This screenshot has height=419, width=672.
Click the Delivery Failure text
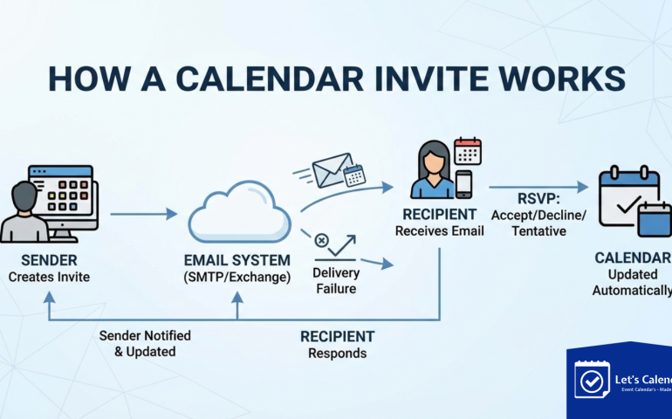[336, 280]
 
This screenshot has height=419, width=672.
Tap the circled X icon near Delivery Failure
[321, 239]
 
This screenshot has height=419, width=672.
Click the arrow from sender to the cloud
[143, 213]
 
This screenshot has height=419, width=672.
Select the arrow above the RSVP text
[538, 186]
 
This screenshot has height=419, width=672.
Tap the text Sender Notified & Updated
[144, 343]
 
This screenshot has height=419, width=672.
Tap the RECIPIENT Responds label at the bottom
[337, 345]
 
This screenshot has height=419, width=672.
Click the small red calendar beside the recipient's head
[468, 150]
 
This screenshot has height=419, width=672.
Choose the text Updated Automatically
[632, 282]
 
